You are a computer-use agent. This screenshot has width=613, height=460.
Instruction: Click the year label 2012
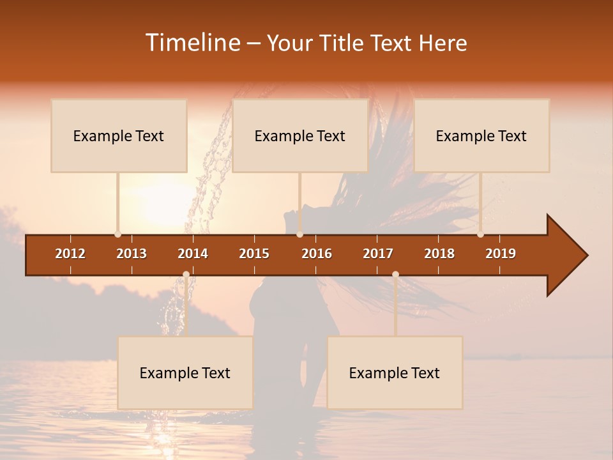[x=70, y=254]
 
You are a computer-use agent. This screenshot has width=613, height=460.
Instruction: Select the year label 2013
[x=132, y=254]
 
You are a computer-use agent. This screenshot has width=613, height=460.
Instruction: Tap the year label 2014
[x=193, y=254]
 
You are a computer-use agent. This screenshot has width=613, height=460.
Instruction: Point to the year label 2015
[x=254, y=254]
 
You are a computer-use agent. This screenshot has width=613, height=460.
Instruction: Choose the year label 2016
[x=317, y=254]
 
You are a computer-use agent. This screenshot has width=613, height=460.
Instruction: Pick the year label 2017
[x=378, y=254]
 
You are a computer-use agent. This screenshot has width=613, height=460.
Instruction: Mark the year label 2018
[x=439, y=254]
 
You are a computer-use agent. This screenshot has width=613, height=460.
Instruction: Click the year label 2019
[x=501, y=254]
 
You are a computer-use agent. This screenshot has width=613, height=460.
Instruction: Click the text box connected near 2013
[x=119, y=135]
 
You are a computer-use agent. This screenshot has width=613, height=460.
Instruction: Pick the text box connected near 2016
[x=300, y=135]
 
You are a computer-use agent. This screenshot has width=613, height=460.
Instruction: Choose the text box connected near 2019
[x=481, y=135]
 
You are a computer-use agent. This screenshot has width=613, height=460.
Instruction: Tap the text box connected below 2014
[x=185, y=372]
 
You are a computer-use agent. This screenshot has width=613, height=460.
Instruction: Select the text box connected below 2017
[x=395, y=372]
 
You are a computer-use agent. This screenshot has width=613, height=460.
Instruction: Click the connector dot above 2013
[x=117, y=234]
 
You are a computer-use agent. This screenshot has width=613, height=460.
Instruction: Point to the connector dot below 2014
[x=186, y=275]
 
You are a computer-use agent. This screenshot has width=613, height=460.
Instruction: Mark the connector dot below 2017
[x=395, y=275]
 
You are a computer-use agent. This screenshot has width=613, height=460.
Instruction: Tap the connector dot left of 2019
[x=480, y=234]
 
